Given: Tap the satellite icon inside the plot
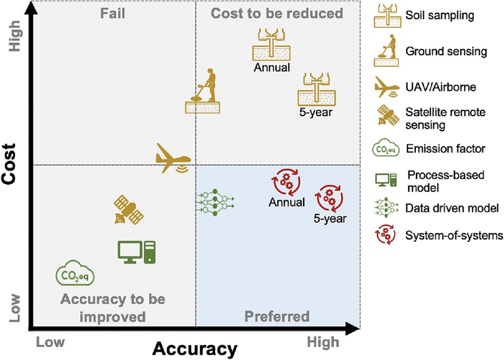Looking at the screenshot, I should tap(128, 211).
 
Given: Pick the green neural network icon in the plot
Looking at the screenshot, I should tap(214, 201).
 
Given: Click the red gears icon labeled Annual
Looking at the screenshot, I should tap(286, 182).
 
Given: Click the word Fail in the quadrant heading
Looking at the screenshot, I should tap(113, 13).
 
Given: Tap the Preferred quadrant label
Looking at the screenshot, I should tap(277, 316).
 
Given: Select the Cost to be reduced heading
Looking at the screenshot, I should tap(277, 13).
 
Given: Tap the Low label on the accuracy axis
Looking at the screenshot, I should tap(51, 342).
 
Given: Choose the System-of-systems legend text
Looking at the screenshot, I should tap(454, 235).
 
